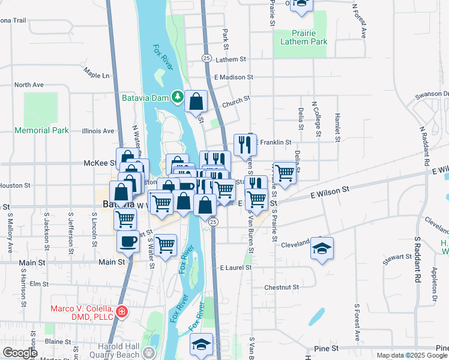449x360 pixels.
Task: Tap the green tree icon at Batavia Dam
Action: coord(177,97)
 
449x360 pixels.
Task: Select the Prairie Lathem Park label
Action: coord(304,37)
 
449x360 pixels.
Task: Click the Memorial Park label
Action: coord(41,130)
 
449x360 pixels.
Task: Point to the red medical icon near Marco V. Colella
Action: coord(122,311)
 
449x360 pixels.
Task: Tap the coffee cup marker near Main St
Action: coord(128,241)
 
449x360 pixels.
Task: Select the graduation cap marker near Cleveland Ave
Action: coord(322,248)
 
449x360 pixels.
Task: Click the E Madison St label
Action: coord(234,77)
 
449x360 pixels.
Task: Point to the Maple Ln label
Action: coord(97,75)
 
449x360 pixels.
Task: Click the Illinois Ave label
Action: coord(98,131)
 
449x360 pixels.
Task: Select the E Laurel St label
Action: coord(234,268)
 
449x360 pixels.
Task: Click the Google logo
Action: coord(20,353)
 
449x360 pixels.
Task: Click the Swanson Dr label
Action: coord(436,94)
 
